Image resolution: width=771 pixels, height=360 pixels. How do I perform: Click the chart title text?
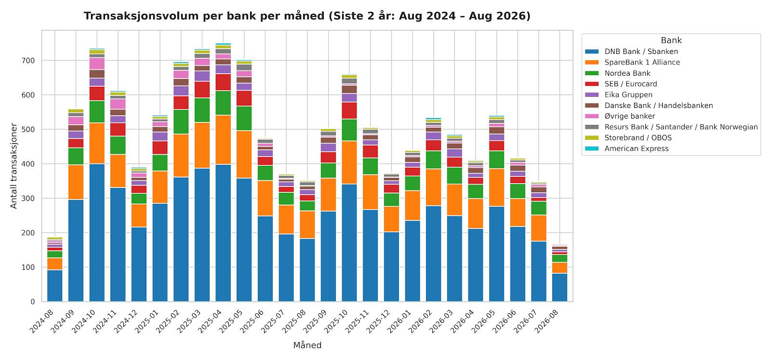point(307,16)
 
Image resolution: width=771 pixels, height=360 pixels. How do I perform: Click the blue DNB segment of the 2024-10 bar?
point(97,233)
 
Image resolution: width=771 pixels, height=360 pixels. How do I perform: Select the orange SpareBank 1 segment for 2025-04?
point(223,140)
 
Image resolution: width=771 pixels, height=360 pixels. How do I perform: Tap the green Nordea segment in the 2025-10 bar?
point(349,130)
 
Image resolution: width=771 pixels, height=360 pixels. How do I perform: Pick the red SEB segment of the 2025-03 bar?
point(202,90)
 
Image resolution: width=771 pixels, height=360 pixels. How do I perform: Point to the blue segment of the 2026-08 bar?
point(559,287)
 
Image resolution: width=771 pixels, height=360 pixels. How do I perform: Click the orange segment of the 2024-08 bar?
point(55,264)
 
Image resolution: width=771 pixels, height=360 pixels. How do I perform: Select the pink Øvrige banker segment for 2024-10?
point(97,64)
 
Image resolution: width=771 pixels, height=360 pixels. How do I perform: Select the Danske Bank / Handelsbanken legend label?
point(659,106)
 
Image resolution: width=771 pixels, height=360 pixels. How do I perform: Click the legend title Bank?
point(671,40)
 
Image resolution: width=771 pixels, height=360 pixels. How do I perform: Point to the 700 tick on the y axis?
point(28,61)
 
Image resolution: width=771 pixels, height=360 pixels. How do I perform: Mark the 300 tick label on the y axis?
point(28,199)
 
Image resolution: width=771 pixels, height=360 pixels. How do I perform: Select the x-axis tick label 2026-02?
point(420,321)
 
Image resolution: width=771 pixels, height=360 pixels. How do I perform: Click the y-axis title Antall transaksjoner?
point(13,166)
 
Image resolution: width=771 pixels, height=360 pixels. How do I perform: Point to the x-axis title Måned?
point(307,345)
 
